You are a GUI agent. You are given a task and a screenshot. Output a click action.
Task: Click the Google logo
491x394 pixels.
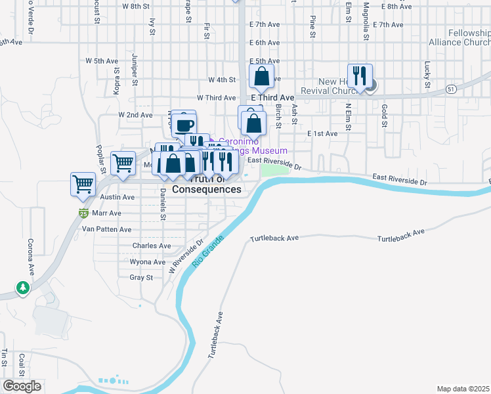[22, 386]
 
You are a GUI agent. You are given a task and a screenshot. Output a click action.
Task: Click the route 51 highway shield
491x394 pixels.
[450, 88]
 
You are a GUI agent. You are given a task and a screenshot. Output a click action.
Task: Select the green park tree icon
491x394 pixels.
[23, 288]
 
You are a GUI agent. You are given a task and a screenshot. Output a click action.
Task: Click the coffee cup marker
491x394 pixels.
[184, 123]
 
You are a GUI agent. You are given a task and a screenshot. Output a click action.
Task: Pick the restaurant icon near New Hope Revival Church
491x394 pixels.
[360, 76]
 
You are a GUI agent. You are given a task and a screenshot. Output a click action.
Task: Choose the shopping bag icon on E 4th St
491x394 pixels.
[261, 76]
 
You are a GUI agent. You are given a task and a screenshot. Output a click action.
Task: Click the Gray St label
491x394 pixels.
[141, 278]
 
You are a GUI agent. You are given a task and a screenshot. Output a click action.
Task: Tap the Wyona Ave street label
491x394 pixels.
[148, 262]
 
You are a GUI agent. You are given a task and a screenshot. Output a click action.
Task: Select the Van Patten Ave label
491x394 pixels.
[106, 230]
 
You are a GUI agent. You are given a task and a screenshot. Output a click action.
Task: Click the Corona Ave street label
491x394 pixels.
[30, 257]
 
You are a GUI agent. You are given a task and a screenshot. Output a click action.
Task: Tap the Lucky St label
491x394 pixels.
[427, 75]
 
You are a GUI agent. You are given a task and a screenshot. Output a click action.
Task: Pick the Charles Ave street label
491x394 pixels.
[152, 246]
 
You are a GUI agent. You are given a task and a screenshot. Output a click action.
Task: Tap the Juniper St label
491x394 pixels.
[135, 70]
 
